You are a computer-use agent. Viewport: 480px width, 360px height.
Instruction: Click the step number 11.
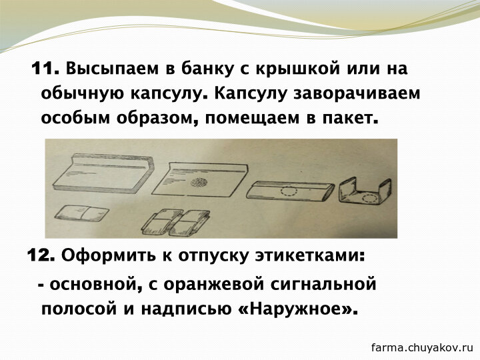pyautogui.click(x=45, y=68)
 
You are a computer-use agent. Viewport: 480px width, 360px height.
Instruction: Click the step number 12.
pyautogui.click(x=41, y=255)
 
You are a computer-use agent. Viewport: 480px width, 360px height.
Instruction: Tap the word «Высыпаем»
pyautogui.click(x=113, y=69)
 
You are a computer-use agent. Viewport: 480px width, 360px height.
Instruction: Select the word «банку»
pyautogui.click(x=207, y=68)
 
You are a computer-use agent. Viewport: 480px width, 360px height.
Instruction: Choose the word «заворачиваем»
pyautogui.click(x=357, y=94)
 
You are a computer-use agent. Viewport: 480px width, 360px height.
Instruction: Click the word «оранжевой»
pyautogui.click(x=213, y=284)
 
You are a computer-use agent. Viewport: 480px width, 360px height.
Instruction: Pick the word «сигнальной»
pyautogui.click(x=323, y=284)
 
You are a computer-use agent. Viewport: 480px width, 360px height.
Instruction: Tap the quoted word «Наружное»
pyautogui.click(x=296, y=309)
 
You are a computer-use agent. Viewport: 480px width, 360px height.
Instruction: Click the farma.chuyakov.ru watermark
pyautogui.click(x=423, y=348)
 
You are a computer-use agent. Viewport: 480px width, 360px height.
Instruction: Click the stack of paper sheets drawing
pyautogui.click(x=103, y=175)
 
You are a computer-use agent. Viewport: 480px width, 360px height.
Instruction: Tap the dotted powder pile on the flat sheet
pyautogui.click(x=199, y=183)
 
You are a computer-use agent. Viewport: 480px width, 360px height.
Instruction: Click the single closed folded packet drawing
pyautogui.click(x=81, y=213)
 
